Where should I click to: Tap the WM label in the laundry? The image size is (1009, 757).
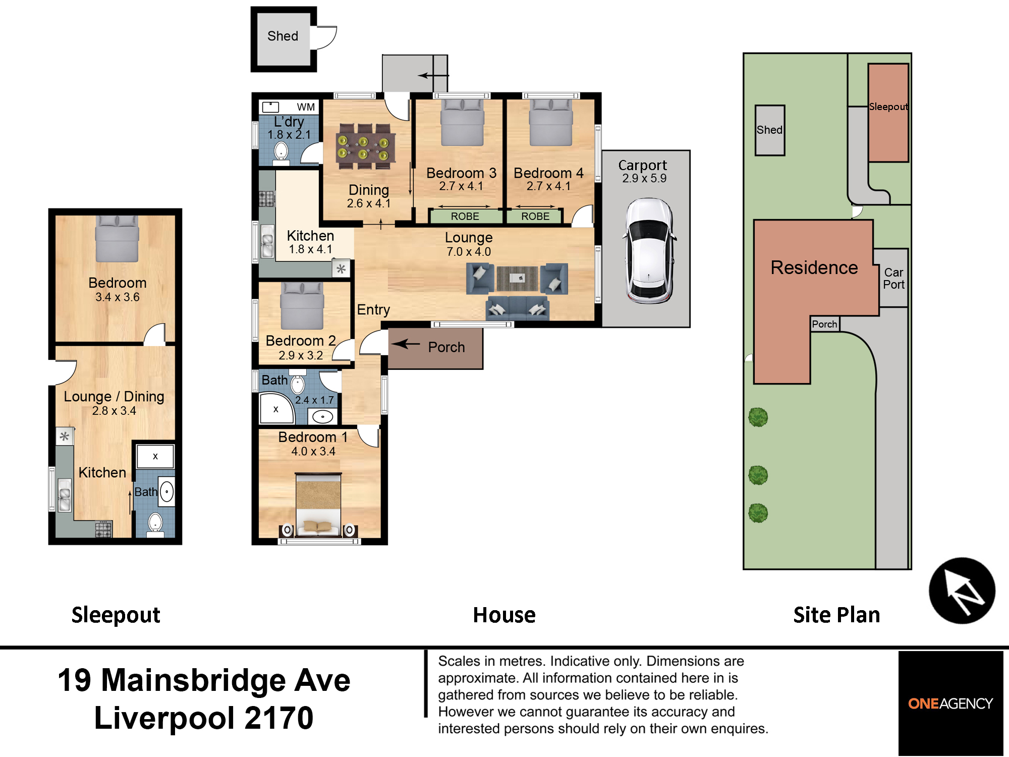306,107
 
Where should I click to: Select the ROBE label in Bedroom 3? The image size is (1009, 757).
465,217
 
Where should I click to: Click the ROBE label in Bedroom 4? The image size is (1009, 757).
535,217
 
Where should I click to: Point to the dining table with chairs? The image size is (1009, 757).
365,146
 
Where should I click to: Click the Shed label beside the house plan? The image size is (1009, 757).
283,36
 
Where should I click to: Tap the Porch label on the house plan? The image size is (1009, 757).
446,347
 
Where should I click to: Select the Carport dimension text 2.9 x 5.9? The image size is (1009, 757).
644,179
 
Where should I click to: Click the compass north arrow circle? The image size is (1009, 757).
962,590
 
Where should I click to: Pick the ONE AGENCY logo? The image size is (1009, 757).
950,704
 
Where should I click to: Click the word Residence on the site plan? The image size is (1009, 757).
814,267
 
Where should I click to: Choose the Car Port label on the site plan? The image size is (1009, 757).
893,279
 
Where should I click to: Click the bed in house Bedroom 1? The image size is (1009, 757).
318,505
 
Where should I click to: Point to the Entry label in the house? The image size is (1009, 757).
373,310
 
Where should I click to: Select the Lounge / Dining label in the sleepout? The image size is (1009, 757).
114,397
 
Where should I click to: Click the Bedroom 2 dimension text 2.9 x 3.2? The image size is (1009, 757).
301,355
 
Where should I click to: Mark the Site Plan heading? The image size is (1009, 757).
836,615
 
